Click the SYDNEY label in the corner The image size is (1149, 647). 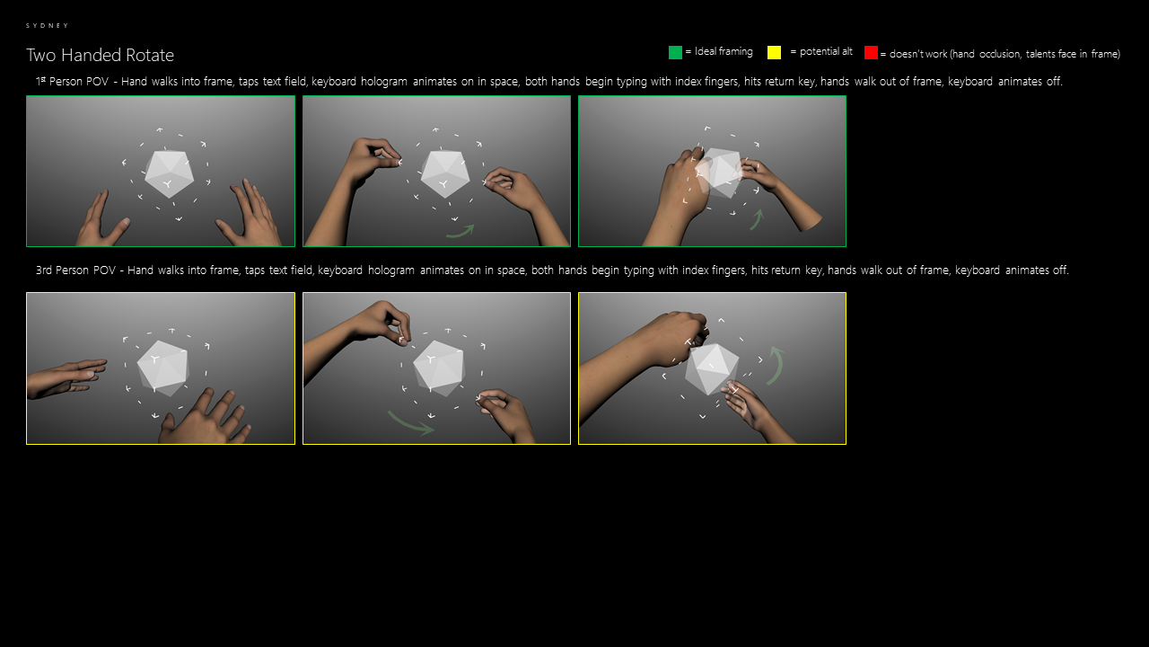tap(48, 25)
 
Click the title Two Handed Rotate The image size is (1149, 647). tap(100, 55)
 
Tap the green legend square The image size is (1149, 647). tap(675, 52)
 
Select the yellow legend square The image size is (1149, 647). tap(774, 52)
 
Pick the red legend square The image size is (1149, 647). tap(871, 52)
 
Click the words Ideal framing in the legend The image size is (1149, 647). tap(724, 51)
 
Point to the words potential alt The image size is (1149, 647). tap(826, 51)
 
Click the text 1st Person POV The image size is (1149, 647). tap(73, 81)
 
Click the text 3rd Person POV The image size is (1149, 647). tap(76, 270)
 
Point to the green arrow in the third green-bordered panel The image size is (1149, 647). tap(756, 220)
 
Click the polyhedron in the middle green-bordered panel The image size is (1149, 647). tap(444, 174)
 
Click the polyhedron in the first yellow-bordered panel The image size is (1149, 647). tap(163, 368)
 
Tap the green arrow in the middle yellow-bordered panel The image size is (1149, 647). tap(410, 424)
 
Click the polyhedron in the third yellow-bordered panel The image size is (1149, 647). tap(712, 368)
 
